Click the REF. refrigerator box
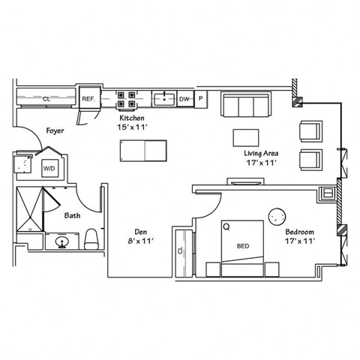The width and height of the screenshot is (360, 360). [88, 98]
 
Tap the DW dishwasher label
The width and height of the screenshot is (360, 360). [184, 98]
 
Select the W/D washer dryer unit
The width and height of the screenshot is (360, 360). [49, 169]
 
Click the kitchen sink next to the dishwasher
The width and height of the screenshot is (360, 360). [163, 98]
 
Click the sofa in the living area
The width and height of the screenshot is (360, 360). [246, 105]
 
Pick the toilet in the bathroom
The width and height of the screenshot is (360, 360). [92, 239]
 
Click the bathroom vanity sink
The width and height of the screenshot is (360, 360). [61, 241]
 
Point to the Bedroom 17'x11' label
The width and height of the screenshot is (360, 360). [298, 236]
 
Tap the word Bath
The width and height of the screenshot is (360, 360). [72, 215]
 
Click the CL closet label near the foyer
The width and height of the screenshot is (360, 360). [46, 98]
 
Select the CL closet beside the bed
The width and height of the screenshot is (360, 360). [181, 251]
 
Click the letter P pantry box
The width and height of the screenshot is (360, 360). [201, 98]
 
